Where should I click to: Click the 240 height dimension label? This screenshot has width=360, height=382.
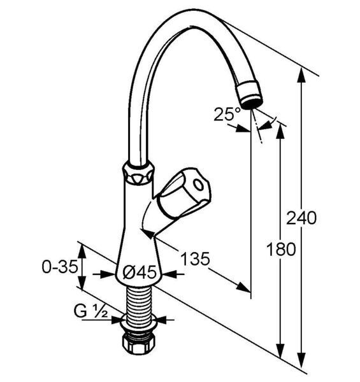(301, 218)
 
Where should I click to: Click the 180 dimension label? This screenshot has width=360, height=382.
(281, 249)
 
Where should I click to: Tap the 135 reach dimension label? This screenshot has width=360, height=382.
(195, 258)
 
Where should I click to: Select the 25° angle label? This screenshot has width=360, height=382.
(227, 114)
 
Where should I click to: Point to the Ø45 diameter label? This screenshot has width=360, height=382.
(139, 272)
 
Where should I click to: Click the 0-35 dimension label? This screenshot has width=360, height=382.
(60, 267)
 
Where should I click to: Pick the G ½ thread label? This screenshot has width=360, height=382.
(90, 311)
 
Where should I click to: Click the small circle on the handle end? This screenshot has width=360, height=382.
(199, 186)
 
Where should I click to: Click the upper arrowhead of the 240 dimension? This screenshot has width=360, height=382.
(302, 75)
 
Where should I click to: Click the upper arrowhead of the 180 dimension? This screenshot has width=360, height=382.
(281, 131)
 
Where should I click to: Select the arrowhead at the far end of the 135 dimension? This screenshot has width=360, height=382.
(243, 288)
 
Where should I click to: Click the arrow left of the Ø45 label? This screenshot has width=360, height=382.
(104, 274)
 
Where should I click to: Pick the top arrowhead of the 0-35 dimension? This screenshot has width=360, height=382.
(83, 251)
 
